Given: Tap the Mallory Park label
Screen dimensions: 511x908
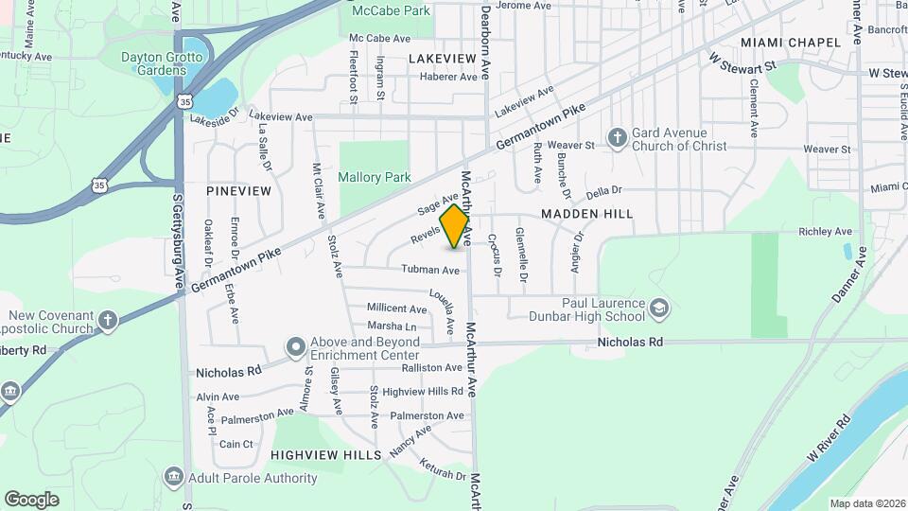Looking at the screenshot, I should click(x=375, y=177).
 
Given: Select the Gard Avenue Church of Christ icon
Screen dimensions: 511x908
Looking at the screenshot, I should click(x=617, y=138).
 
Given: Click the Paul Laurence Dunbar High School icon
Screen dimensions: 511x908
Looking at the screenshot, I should click(x=659, y=308).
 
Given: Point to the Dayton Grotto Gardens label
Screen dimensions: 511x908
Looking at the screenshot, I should click(x=154, y=63).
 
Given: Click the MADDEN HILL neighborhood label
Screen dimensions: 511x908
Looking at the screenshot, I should click(x=586, y=214).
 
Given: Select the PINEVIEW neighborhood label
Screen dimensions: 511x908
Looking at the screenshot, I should click(x=238, y=191).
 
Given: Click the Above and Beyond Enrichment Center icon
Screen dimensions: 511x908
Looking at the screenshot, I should click(x=295, y=347).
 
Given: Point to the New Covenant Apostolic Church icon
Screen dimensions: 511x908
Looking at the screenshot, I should click(x=108, y=321).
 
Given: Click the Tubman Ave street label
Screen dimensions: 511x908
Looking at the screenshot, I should click(x=430, y=271).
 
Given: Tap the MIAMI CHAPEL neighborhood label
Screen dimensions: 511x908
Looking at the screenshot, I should click(x=791, y=43).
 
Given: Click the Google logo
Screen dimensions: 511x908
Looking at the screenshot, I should click(x=31, y=499).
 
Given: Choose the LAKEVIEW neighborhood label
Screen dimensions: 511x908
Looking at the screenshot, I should click(x=442, y=59).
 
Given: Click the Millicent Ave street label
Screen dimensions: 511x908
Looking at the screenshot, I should click(x=397, y=308).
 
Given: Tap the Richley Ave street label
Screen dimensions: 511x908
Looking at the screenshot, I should click(x=825, y=232).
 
